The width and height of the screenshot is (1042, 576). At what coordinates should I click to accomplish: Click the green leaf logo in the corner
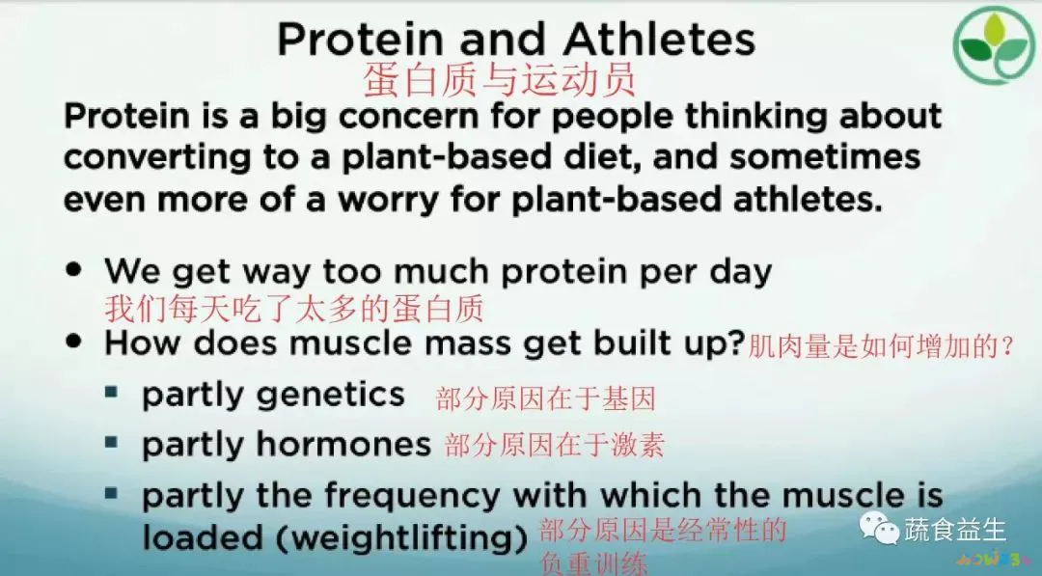click(993, 44)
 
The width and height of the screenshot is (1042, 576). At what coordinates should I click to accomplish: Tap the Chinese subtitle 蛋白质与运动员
click(500, 80)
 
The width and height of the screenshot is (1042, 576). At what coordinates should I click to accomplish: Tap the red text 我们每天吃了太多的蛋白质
click(293, 309)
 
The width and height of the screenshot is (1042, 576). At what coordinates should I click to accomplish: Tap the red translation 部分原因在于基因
click(545, 398)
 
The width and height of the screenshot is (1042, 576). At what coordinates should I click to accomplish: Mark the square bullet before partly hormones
click(113, 443)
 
